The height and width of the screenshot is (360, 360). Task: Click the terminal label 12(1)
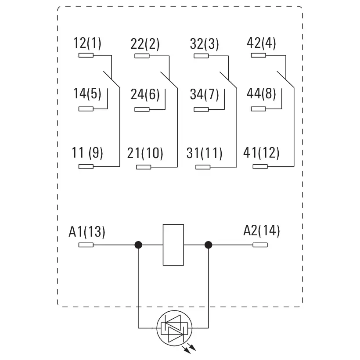click(87, 44)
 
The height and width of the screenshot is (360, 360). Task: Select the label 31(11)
click(205, 153)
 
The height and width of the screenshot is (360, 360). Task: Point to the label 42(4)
click(262, 44)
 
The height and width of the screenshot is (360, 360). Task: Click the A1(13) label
click(87, 231)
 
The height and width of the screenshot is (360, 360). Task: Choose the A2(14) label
click(261, 230)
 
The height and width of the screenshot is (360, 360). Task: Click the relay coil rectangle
click(173, 245)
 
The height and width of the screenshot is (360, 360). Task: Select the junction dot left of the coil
click(138, 245)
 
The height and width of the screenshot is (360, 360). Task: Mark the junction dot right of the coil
click(208, 245)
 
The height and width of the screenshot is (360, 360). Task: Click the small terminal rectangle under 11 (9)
click(86, 166)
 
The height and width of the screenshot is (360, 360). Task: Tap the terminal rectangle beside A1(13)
click(86, 245)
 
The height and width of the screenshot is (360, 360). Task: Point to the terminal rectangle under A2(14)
click(260, 245)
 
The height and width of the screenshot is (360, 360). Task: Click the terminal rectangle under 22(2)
click(142, 56)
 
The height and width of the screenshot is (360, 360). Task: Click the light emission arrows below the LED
click(190, 349)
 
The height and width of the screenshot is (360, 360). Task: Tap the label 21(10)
click(145, 153)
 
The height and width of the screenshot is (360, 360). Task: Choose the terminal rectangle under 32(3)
click(202, 56)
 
